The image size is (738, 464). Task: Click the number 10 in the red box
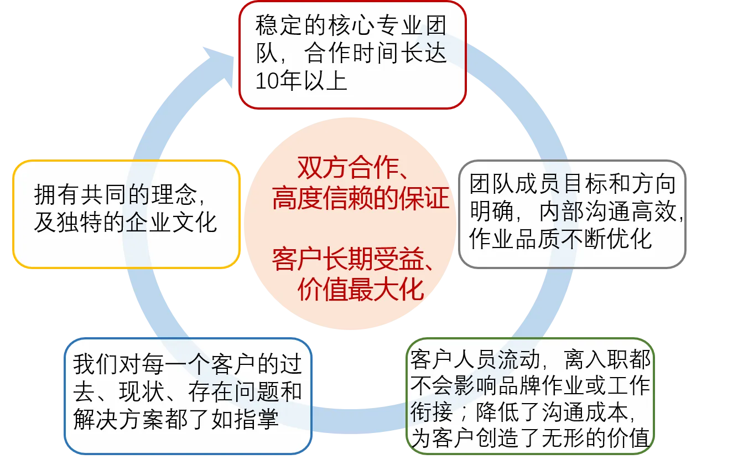[268, 81]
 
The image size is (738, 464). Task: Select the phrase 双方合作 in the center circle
[348, 168]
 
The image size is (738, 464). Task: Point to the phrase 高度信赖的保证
[361, 198]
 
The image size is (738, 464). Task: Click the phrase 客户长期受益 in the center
[348, 259]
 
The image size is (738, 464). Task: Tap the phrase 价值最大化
[361, 290]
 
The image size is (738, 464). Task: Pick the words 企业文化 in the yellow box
[171, 223]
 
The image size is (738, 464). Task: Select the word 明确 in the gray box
[492, 212]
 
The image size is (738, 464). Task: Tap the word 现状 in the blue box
[142, 392]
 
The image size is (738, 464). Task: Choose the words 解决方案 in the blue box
[118, 420]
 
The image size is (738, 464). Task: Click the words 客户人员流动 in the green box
[475, 359]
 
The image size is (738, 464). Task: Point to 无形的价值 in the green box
[596, 439]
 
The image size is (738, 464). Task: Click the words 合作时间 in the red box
[351, 53]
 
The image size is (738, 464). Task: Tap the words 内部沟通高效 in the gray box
[607, 212]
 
